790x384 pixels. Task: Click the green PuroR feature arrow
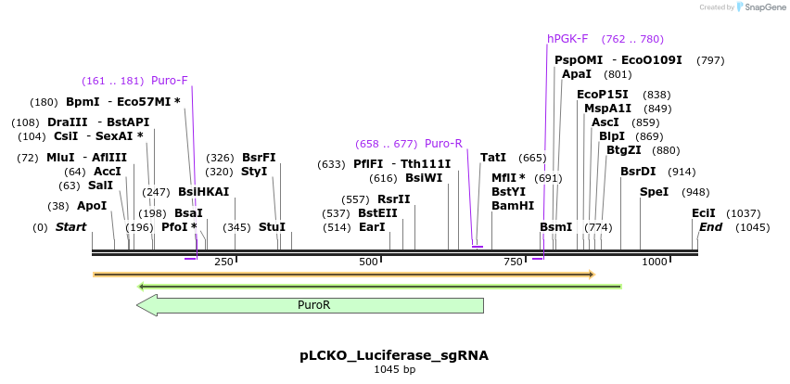[312, 305]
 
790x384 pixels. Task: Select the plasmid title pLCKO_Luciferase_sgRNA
[393, 355]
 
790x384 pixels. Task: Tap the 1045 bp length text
[393, 370]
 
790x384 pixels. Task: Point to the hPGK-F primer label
[567, 39]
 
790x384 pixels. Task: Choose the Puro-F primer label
[170, 81]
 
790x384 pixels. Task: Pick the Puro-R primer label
[443, 144]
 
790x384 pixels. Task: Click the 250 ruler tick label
[223, 262]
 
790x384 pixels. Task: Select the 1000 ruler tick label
[655, 262]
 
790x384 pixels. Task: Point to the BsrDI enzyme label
[638, 172]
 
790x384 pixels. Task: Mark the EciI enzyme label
[704, 213]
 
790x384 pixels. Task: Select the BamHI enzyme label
[513, 206]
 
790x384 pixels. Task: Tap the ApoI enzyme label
[92, 206]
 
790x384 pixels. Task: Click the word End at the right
[710, 227]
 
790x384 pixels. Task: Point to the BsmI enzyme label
[555, 227]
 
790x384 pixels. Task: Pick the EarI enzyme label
[372, 227]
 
